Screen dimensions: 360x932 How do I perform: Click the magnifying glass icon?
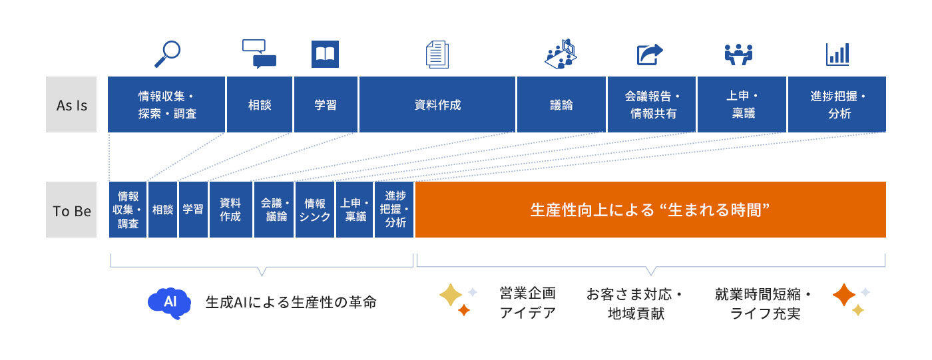[x=167, y=54]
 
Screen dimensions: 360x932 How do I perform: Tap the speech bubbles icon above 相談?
[x=259, y=54]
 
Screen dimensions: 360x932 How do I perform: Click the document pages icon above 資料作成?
[x=437, y=54]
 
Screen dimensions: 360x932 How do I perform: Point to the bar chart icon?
[x=837, y=54]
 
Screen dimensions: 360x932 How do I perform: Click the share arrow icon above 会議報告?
[x=650, y=54]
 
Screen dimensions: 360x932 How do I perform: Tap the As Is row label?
[x=72, y=105]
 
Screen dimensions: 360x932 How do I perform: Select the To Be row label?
[x=72, y=211]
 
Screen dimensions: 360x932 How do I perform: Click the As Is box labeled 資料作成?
[x=437, y=104]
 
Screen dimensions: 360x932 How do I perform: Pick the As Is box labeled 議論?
[x=561, y=104]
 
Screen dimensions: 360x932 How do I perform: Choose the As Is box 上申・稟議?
[x=741, y=104]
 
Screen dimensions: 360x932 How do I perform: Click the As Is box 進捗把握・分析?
[x=837, y=104]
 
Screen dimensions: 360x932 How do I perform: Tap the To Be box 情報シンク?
[x=315, y=210]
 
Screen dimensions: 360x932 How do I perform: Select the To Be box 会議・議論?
[x=274, y=210]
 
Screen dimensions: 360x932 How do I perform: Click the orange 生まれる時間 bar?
[x=650, y=210]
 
